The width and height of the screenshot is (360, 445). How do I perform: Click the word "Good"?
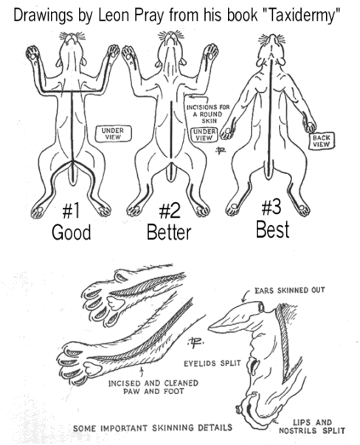(x=72, y=232)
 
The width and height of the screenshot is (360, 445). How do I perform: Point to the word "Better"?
(x=169, y=232)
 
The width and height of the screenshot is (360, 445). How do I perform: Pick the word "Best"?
(x=272, y=230)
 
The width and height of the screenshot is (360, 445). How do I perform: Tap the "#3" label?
(x=271, y=207)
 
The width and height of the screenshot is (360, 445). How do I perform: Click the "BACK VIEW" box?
(x=322, y=141)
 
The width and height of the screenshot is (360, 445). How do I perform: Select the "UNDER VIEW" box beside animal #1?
(x=113, y=134)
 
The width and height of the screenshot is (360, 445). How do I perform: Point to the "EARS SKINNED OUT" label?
(x=289, y=290)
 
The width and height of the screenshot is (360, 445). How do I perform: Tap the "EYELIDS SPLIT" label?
(x=212, y=363)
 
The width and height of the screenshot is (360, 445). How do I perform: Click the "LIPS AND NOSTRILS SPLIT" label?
(x=312, y=427)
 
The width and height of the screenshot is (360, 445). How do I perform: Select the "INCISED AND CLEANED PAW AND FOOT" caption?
(x=153, y=387)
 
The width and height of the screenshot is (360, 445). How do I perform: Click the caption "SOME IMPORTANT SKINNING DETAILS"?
(x=153, y=427)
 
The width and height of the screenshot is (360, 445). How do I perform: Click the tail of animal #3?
(x=270, y=170)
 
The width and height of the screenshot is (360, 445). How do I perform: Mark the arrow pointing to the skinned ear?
(x=247, y=295)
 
